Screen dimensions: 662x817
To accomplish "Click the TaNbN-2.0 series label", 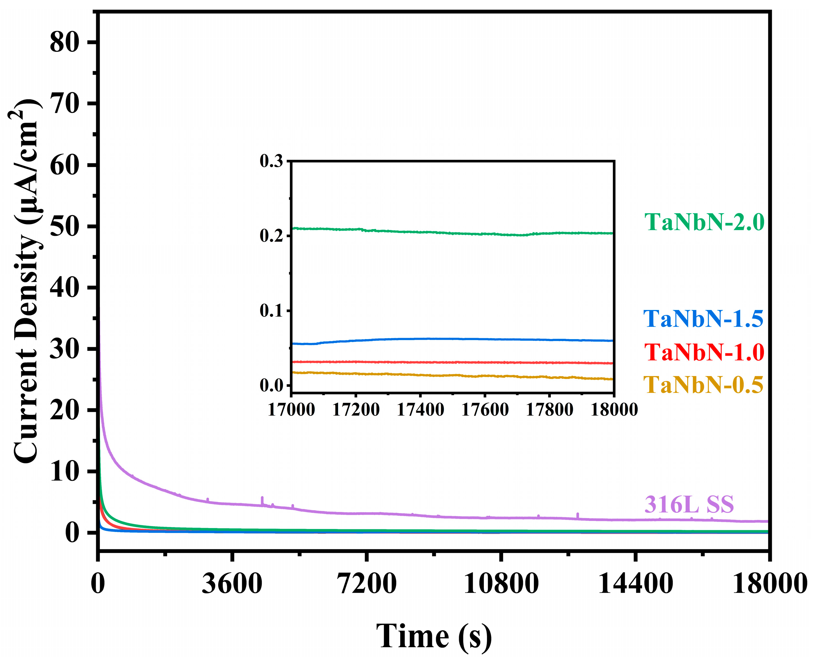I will coord(704,222).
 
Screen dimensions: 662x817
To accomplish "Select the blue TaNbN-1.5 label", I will coord(703,319).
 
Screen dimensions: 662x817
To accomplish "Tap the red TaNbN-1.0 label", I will coord(704,352).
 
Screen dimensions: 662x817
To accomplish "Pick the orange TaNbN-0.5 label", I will coord(703,385).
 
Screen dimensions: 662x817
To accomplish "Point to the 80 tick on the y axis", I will coord(64,42).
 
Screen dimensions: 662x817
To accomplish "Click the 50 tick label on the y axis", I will coord(64,226).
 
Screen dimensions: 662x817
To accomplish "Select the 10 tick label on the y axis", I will coord(64,472).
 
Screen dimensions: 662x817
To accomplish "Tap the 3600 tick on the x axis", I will coord(232,584).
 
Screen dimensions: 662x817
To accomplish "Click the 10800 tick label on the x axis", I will coord(501,584).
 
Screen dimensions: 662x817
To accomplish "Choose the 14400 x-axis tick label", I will coord(635,584).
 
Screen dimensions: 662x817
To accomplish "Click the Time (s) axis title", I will coord(434,636).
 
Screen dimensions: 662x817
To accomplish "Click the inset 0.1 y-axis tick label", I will coord(271,311).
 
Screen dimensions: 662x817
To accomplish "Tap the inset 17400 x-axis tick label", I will coord(420,410).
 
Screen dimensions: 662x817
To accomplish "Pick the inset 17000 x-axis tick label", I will coord(291,410).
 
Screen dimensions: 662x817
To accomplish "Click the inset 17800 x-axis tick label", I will coord(549,410).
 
